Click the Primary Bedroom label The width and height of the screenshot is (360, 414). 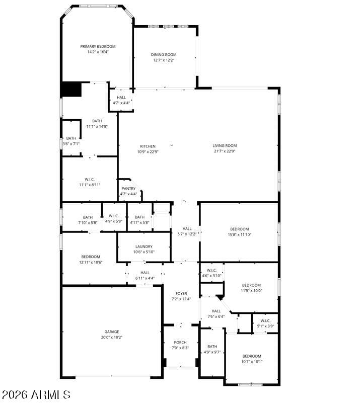point(98,46)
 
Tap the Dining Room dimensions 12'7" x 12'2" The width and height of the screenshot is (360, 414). point(164,60)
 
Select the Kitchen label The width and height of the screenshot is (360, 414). point(148,146)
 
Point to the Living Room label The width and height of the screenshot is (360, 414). point(225,146)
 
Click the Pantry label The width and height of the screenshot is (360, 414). point(128,189)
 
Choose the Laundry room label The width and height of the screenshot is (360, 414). point(144,246)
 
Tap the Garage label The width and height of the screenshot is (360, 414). point(112,332)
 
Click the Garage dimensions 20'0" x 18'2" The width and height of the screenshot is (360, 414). point(112,337)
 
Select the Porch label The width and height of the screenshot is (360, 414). point(180,343)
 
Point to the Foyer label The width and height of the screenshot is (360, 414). point(181,294)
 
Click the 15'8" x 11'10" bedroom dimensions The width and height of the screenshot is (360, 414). point(240,234)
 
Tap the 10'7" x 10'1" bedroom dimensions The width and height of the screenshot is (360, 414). point(252,362)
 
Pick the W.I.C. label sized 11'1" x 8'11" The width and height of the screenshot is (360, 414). point(90,180)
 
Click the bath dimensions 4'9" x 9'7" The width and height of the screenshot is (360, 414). point(212,352)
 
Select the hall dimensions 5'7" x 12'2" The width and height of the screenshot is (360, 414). point(187,234)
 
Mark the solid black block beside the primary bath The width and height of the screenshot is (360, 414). point(71,89)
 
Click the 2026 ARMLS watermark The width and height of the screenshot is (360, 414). point(36,395)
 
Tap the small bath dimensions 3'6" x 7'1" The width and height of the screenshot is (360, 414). point(71,144)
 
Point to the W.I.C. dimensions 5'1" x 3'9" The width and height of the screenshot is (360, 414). point(266,326)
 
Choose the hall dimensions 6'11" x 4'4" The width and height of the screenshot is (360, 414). point(145,278)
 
